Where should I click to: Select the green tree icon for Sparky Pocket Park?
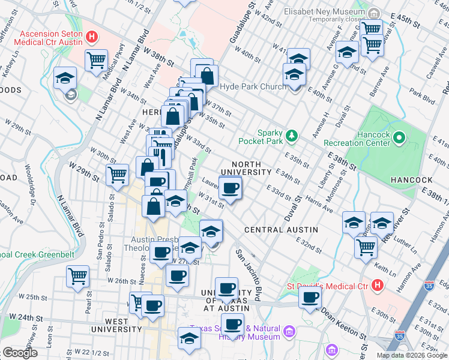pyautogui.click(x=292, y=136)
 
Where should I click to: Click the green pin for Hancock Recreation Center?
pyautogui.click(x=400, y=139)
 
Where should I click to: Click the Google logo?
pyautogui.click(x=20, y=352)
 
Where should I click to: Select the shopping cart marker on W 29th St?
pyautogui.click(x=117, y=175)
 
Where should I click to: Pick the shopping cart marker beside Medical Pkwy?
pyautogui.click(x=96, y=59)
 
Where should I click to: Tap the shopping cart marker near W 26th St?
pyautogui.click(x=79, y=277)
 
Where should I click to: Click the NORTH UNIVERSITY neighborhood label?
pyautogui.click(x=246, y=168)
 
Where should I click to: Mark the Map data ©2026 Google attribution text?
pyautogui.click(x=411, y=355)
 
